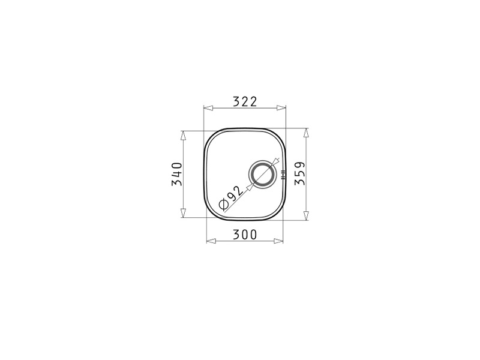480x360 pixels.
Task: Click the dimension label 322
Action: [x=245, y=101]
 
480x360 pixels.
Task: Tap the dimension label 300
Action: [x=245, y=235]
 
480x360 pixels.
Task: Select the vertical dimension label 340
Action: [x=177, y=174]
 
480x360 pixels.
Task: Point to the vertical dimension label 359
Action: [x=299, y=173]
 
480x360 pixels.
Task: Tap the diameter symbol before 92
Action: [x=223, y=204]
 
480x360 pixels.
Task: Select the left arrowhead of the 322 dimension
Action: [x=208, y=108]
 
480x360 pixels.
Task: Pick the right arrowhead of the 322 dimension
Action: [x=281, y=108]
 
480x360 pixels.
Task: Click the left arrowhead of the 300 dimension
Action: [x=211, y=241]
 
